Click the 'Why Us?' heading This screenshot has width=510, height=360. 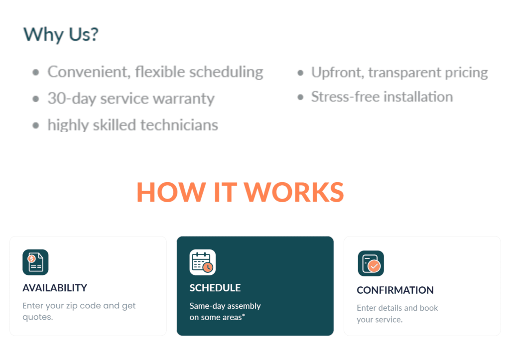pyautogui.click(x=61, y=34)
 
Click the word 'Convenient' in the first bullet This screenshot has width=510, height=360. pyautogui.click(x=89, y=72)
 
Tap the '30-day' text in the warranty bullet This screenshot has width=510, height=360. pyautogui.click(x=72, y=99)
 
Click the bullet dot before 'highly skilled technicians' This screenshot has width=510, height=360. pyautogui.click(x=36, y=125)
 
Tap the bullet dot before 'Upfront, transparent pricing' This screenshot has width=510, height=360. pyautogui.click(x=300, y=73)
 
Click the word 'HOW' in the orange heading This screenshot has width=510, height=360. pyautogui.click(x=171, y=192)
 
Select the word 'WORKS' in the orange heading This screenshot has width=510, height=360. pyautogui.click(x=294, y=192)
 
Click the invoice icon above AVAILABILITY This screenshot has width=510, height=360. pyautogui.click(x=35, y=262)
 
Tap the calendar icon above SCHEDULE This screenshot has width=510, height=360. pyautogui.click(x=203, y=262)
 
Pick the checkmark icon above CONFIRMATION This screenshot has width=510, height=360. pyautogui.click(x=371, y=263)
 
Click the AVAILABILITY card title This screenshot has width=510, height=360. pyautogui.click(x=55, y=288)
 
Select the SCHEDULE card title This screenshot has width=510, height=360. pyautogui.click(x=215, y=288)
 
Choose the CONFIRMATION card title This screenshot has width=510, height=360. pyautogui.click(x=395, y=290)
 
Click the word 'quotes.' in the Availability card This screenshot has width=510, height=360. pyautogui.click(x=38, y=317)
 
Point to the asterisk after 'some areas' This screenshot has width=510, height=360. pyautogui.click(x=243, y=315)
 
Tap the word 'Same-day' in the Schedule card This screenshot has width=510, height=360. pyautogui.click(x=207, y=306)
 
